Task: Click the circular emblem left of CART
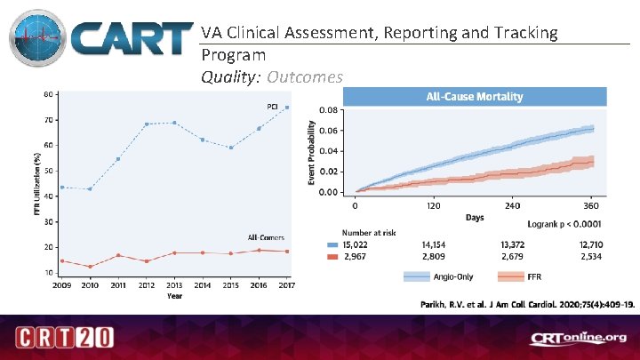point(38,41)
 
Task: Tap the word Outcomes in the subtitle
point(304,77)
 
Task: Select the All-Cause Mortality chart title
point(476,96)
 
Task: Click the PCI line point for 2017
point(286,108)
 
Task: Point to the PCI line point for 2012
point(146,124)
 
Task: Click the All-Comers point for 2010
point(90,267)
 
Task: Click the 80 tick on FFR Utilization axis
point(46,94)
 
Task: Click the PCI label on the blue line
point(273,107)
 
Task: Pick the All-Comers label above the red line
point(265,237)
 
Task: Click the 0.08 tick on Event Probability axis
point(329,110)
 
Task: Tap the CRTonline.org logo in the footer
point(578,338)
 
